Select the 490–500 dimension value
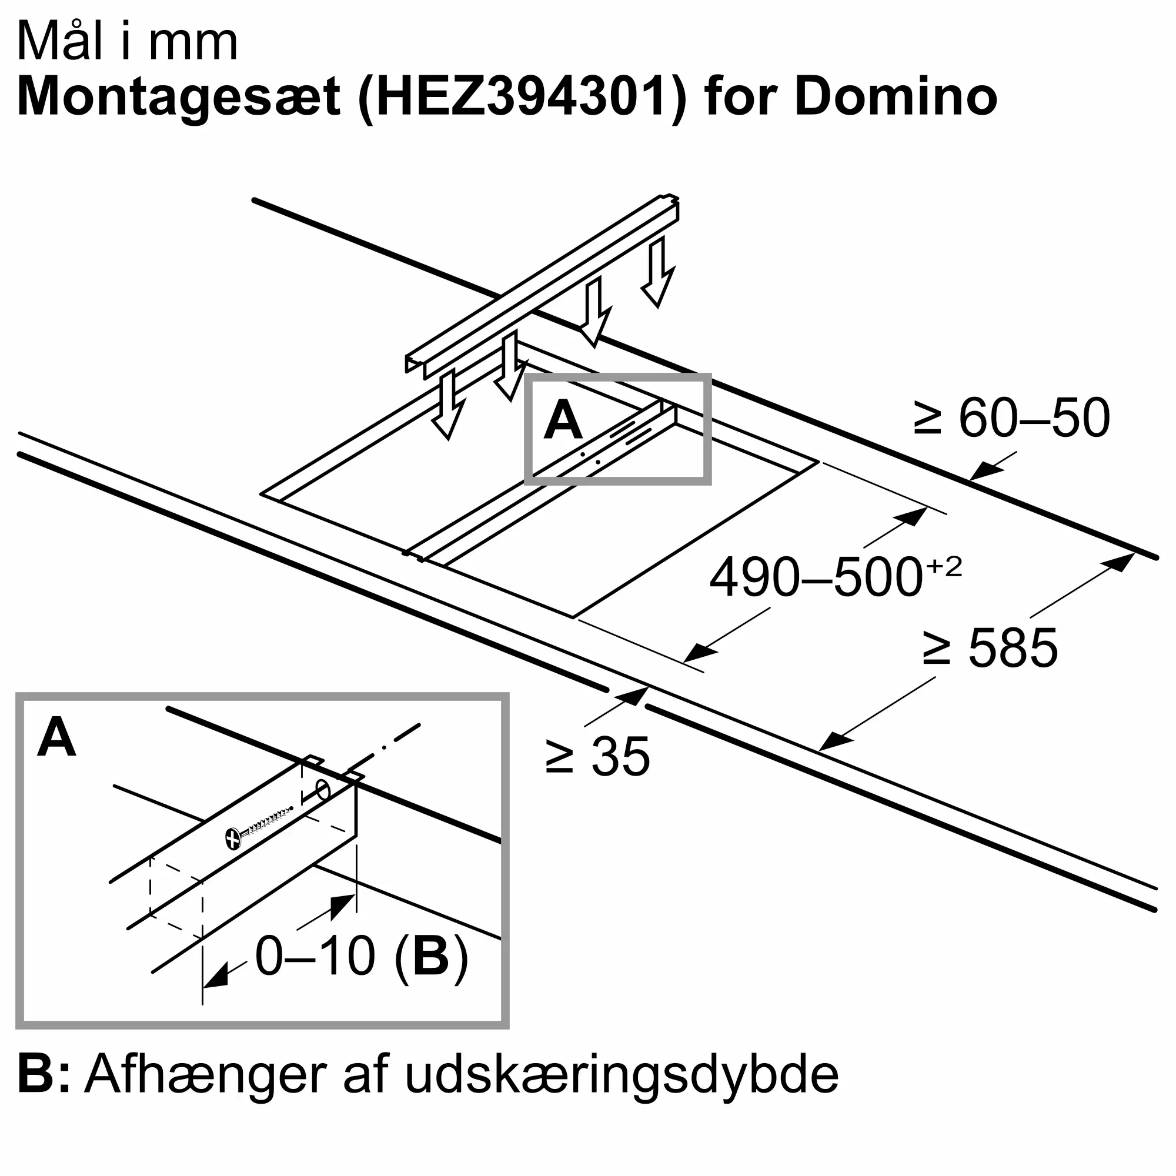(816, 577)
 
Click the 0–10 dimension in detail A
(315, 955)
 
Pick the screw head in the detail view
(233, 839)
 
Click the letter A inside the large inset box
(56, 738)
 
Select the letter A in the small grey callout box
(563, 420)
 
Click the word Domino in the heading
(896, 97)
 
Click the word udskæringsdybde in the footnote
(622, 1092)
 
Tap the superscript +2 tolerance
(944, 567)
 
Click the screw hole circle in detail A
(323, 790)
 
